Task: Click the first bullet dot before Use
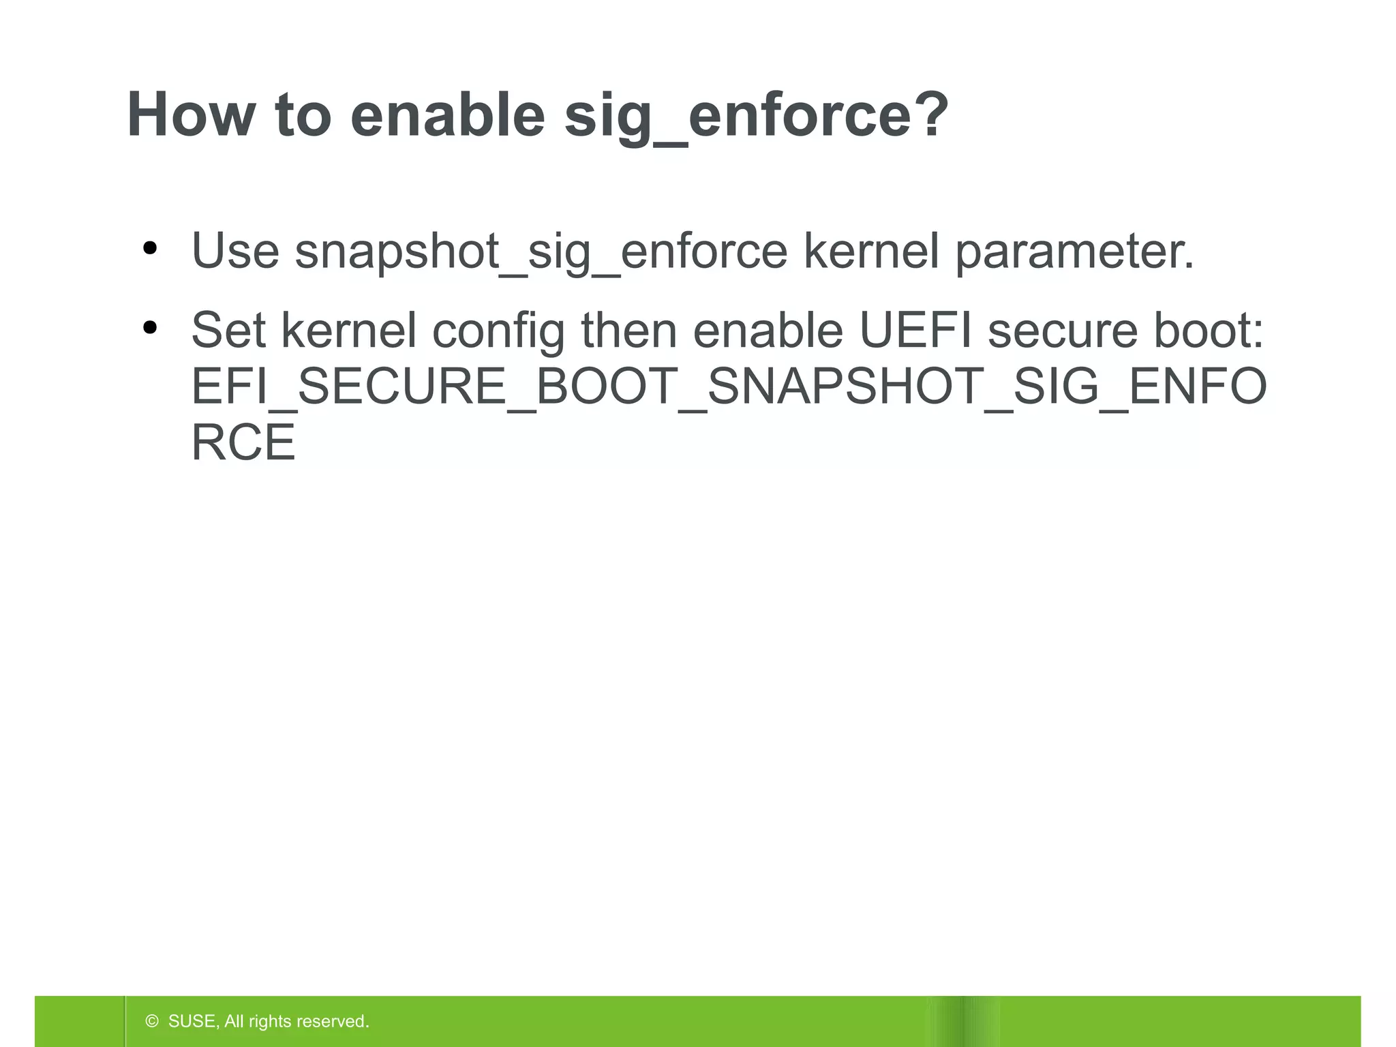pos(150,249)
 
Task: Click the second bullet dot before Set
pos(150,329)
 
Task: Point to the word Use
pos(235,251)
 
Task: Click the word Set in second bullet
pos(228,331)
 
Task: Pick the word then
pos(628,331)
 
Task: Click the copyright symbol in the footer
pos(152,1021)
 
